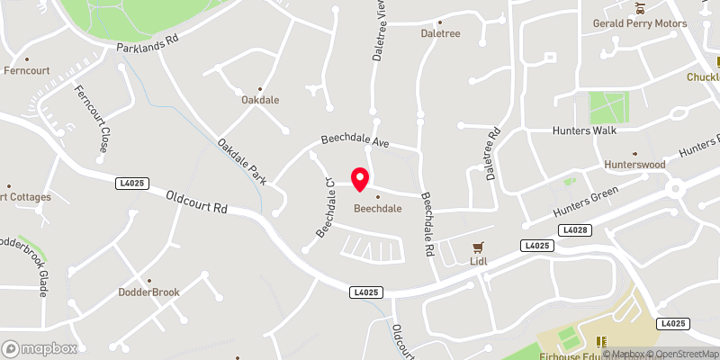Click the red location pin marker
pyautogui.click(x=360, y=179)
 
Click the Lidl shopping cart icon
pyautogui.click(x=479, y=247)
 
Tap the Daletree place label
pyautogui.click(x=440, y=33)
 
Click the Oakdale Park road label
pyautogui.click(x=242, y=161)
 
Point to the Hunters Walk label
pyautogui.click(x=583, y=130)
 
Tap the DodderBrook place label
pyautogui.click(x=149, y=292)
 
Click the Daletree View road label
pyautogui.click(x=379, y=31)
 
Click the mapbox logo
pyautogui.click(x=40, y=348)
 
